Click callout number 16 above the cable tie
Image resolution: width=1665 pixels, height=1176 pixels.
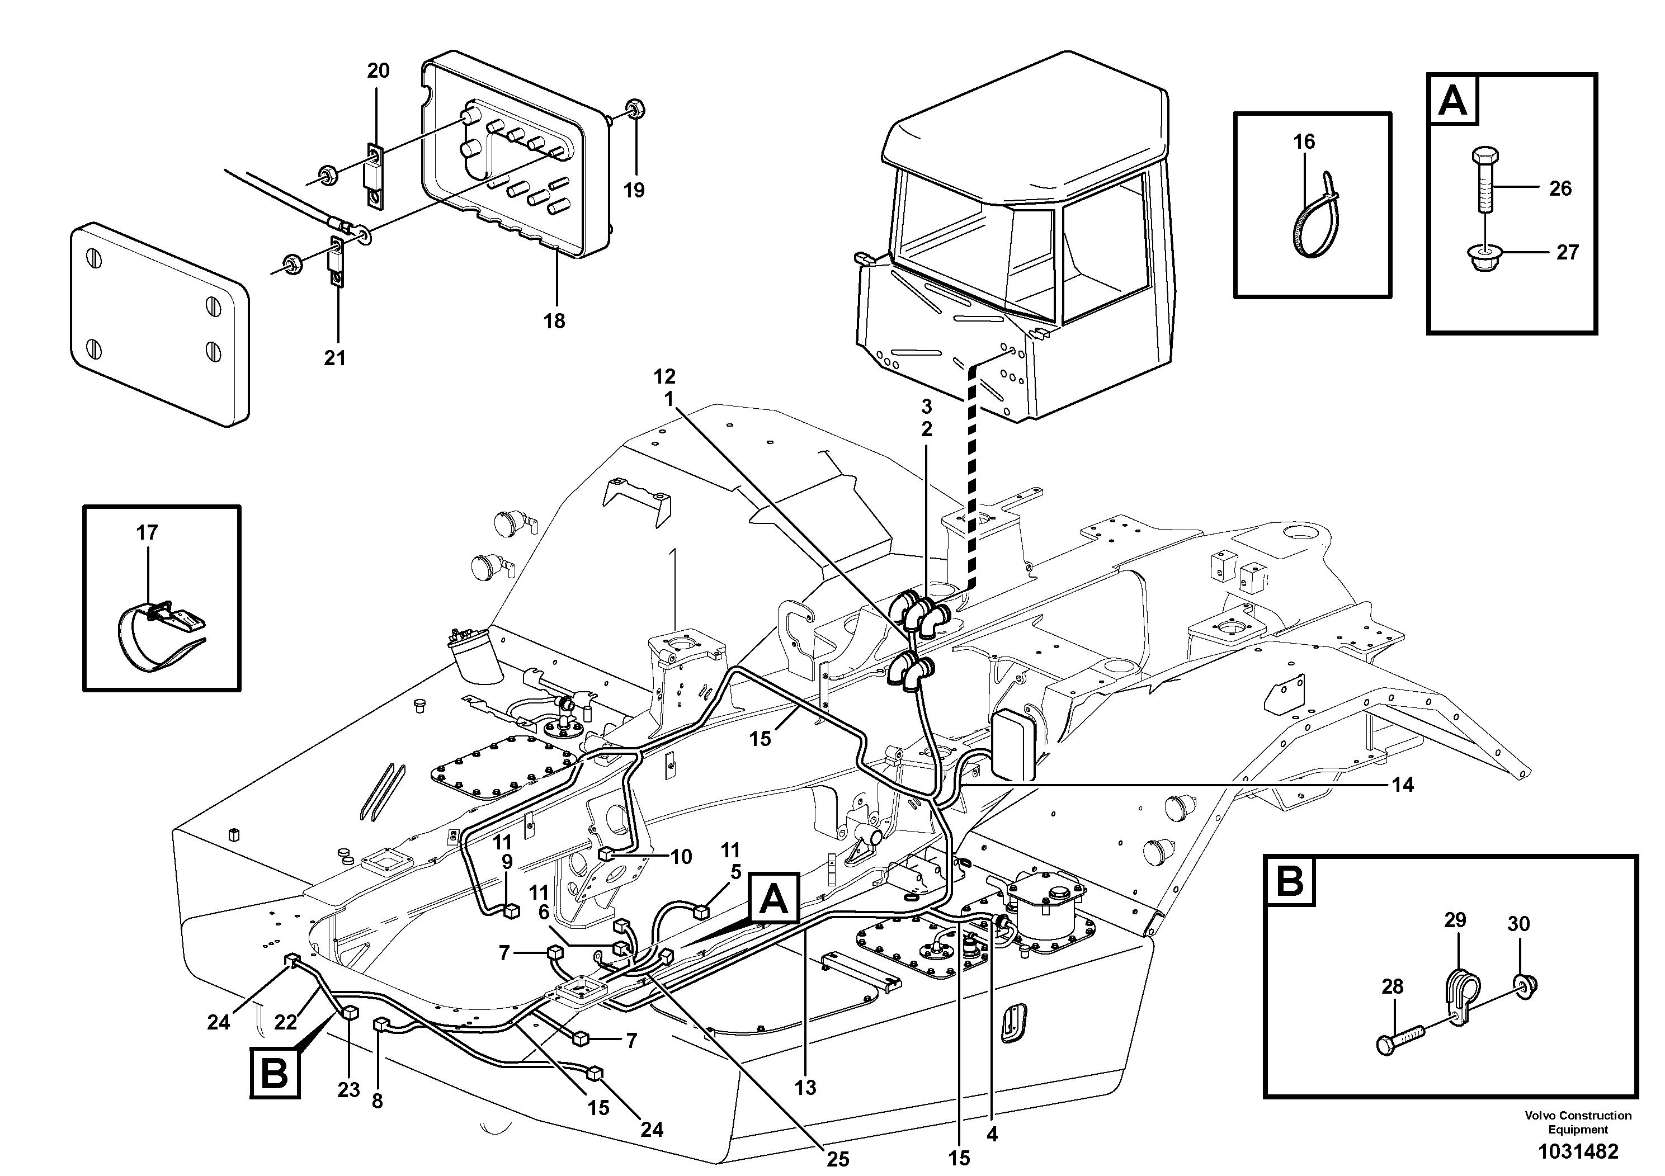click(x=1304, y=141)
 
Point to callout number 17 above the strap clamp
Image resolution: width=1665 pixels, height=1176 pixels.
click(x=147, y=533)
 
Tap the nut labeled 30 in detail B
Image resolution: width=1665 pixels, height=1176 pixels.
click(x=1526, y=985)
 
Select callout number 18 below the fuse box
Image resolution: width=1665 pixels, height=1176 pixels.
click(x=554, y=321)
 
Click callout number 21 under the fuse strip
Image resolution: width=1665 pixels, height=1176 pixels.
click(x=334, y=357)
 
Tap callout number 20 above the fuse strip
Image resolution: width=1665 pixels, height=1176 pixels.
click(x=378, y=71)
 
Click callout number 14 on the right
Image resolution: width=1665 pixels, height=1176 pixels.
click(x=1403, y=785)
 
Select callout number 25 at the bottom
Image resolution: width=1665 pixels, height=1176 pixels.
click(x=838, y=1159)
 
